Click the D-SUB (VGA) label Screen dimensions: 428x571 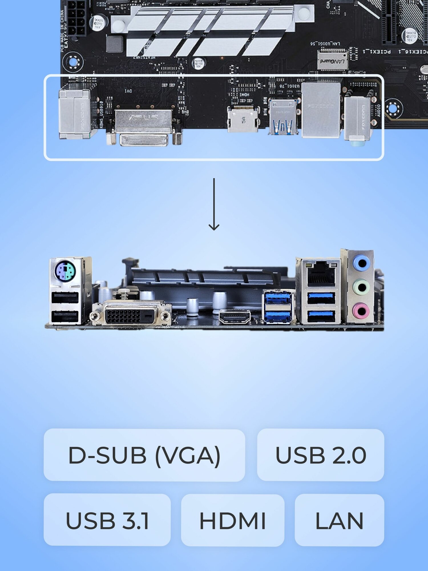[144, 455]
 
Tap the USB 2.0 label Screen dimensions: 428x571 [320, 455]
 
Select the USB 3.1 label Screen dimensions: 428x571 [107, 520]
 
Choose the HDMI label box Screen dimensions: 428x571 [233, 520]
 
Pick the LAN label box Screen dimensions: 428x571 [339, 520]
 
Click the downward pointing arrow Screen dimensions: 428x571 [214, 204]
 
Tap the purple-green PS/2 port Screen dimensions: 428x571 [65, 271]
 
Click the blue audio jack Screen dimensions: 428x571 [361, 263]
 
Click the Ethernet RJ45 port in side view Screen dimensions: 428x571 [321, 274]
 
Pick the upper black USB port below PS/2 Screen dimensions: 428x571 [65, 298]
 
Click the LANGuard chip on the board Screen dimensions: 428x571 [332, 61]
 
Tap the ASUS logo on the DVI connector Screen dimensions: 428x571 [143, 117]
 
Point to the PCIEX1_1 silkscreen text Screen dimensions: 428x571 [377, 52]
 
